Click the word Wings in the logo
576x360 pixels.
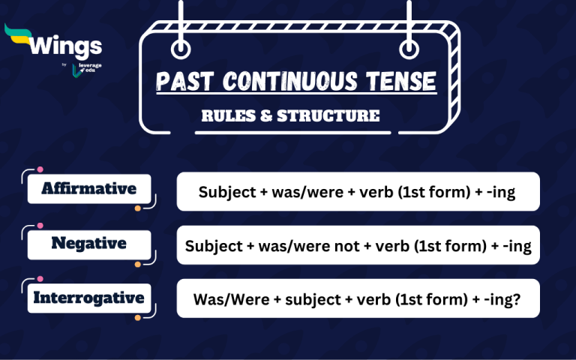pos(65,46)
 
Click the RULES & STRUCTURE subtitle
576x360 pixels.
pos(290,116)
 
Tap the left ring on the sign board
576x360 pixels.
pos(180,50)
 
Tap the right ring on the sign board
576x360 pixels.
pos(409,50)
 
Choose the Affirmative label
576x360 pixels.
pos(89,188)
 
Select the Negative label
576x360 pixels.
pos(89,243)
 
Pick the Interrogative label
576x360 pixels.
pos(89,298)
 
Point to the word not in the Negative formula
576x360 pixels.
pos(347,246)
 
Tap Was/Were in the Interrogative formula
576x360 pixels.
pos(222,299)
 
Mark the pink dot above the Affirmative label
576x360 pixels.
pos(40,171)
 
